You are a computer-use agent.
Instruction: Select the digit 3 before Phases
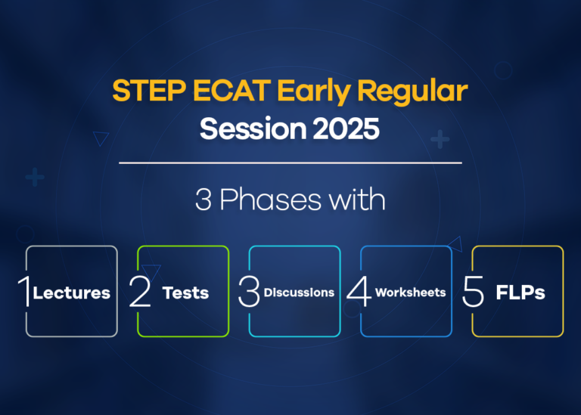coord(202,200)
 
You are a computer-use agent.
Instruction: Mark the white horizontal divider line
coord(290,163)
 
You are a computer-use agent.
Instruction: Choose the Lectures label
coord(72,293)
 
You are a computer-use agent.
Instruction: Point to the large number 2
coord(140,293)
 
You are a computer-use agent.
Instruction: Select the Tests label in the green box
coord(185,293)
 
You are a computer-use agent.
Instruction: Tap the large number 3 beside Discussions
coord(249,293)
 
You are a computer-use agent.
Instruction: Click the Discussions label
coord(299,293)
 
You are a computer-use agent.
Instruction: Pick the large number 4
coord(359,293)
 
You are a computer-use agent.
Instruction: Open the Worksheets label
coord(410,293)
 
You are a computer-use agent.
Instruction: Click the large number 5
coord(473,293)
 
